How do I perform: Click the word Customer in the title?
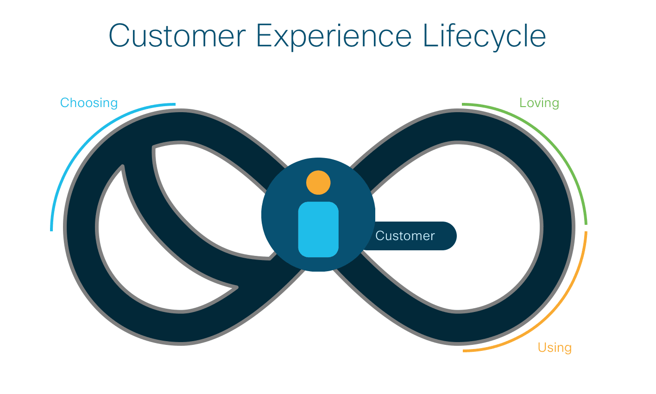pos(177,36)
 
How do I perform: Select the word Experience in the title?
pos(334,37)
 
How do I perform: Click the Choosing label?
pos(89,103)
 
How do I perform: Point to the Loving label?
pos(539,103)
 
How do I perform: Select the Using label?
pos(555,348)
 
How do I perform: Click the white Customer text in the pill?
pos(405,236)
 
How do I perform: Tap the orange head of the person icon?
pos(318,183)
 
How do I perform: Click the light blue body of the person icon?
pos(318,229)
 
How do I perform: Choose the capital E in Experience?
pos(264,36)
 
